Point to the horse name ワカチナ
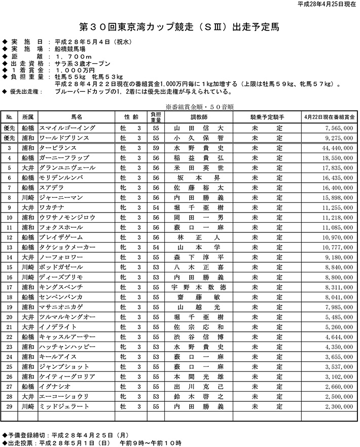53,208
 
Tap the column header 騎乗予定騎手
268,117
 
